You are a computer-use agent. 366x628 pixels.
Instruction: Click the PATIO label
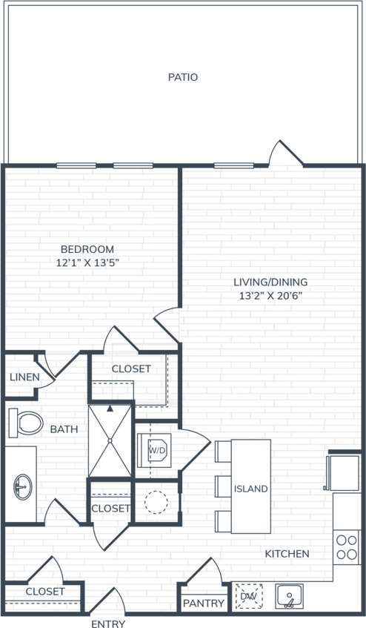[x=182, y=76]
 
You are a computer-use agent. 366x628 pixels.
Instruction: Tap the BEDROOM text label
[x=87, y=249]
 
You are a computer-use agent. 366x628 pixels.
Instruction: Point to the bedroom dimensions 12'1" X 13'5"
[x=87, y=262]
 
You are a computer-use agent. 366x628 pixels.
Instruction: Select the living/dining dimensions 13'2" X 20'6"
[x=270, y=295]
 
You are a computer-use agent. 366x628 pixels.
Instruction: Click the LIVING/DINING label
[x=270, y=282]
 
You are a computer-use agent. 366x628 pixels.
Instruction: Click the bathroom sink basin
[x=21, y=488]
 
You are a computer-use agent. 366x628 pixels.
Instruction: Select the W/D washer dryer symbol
[x=156, y=450]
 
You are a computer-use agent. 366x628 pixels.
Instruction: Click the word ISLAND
[x=250, y=489]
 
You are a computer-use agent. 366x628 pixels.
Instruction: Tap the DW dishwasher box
[x=248, y=595]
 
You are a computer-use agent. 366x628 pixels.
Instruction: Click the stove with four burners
[x=346, y=546]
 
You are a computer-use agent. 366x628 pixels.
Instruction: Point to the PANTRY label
[x=203, y=604]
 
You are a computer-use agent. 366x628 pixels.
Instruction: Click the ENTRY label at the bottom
[x=108, y=624]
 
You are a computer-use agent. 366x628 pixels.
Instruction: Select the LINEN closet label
[x=24, y=377]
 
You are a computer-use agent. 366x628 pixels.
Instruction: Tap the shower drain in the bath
[x=110, y=440]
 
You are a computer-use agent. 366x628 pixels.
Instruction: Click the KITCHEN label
[x=287, y=554]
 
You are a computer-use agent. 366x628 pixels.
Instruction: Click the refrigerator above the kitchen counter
[x=345, y=472]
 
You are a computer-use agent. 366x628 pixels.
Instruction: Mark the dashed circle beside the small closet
[x=156, y=502]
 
